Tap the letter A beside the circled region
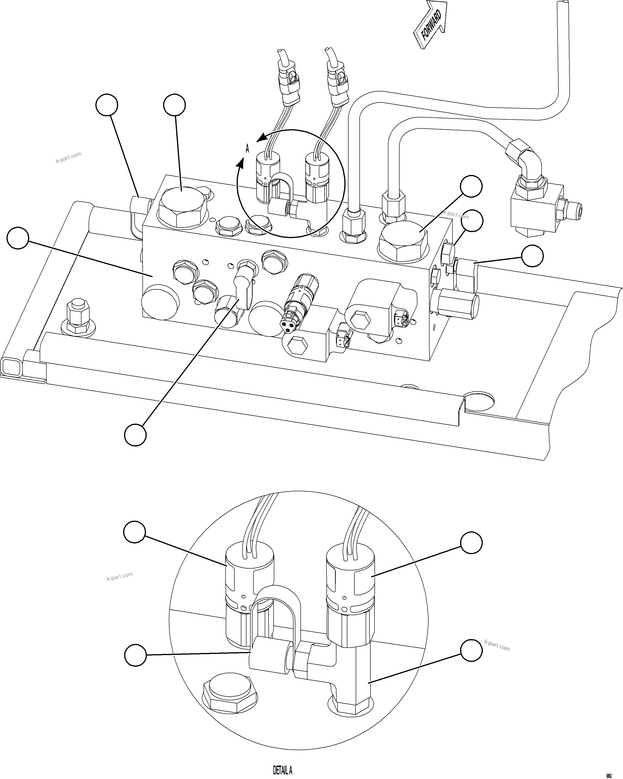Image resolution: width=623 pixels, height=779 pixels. click(247, 149)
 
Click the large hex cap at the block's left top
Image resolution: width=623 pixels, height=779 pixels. click(182, 208)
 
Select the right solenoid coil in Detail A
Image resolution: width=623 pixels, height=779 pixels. click(350, 578)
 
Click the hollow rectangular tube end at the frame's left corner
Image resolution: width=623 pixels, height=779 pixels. click(11, 367)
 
